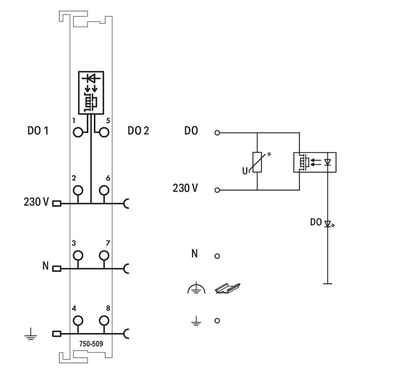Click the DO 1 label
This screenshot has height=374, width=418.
click(x=38, y=131)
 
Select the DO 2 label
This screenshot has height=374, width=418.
click(x=138, y=131)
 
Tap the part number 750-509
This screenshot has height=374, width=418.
click(x=91, y=343)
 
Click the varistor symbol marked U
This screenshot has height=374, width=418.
click(x=257, y=162)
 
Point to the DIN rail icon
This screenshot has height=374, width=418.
click(x=227, y=288)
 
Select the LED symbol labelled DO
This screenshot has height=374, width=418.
click(x=328, y=224)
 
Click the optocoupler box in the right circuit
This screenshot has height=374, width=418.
click(x=315, y=162)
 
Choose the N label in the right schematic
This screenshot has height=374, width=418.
click(x=194, y=253)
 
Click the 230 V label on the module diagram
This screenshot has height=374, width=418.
click(x=36, y=202)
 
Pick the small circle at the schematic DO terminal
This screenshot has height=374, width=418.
click(x=217, y=133)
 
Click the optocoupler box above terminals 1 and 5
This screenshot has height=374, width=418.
click(x=91, y=93)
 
